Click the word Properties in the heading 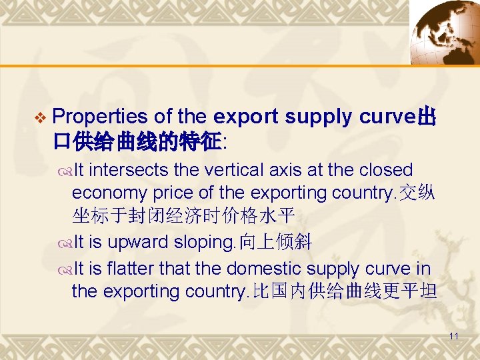(99, 117)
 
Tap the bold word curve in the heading (388, 117)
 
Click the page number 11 (453, 337)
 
